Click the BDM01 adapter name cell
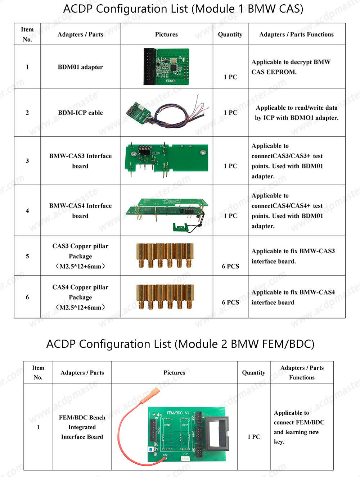(x=80, y=67)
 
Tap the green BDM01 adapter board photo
(x=166, y=67)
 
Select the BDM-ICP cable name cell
(x=80, y=113)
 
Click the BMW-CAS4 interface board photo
(x=166, y=212)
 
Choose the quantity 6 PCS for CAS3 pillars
(x=230, y=266)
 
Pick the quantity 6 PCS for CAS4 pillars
(x=230, y=303)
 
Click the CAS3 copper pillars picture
(x=165, y=256)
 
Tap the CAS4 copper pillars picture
(x=165, y=297)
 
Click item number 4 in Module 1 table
(x=27, y=211)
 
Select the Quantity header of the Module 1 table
(x=230, y=35)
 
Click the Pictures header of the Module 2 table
(x=174, y=373)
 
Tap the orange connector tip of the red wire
(x=154, y=392)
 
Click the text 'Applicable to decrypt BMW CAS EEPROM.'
(x=291, y=67)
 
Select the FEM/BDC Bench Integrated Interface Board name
(x=82, y=427)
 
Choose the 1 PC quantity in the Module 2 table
(x=254, y=437)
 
